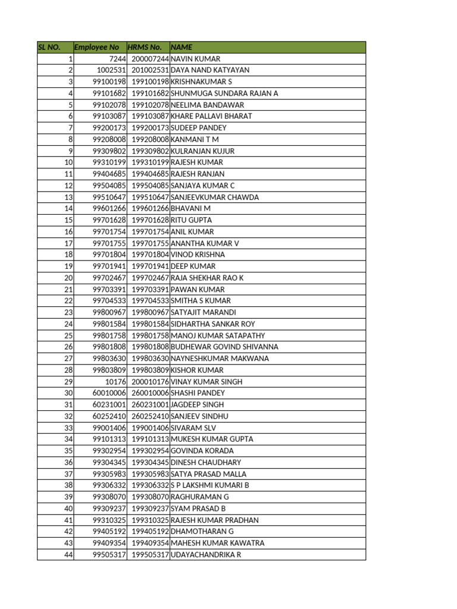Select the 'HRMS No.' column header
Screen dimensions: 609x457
(145, 47)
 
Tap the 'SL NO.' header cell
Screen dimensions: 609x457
(49, 47)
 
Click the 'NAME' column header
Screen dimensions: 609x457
(181, 47)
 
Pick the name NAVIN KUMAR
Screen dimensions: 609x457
(195, 59)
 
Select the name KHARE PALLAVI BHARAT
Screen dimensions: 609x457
(211, 117)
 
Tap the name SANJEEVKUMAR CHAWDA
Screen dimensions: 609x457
(215, 197)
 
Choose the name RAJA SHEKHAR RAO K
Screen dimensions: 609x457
(207, 278)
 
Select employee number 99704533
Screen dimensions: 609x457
(109, 301)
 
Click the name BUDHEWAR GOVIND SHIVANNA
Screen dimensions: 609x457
(224, 347)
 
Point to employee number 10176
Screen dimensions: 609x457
(115, 382)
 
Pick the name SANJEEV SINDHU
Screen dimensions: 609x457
(199, 416)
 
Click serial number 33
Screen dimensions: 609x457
(68, 428)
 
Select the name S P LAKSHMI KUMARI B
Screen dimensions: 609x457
(209, 485)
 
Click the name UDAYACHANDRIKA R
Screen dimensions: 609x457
(206, 555)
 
